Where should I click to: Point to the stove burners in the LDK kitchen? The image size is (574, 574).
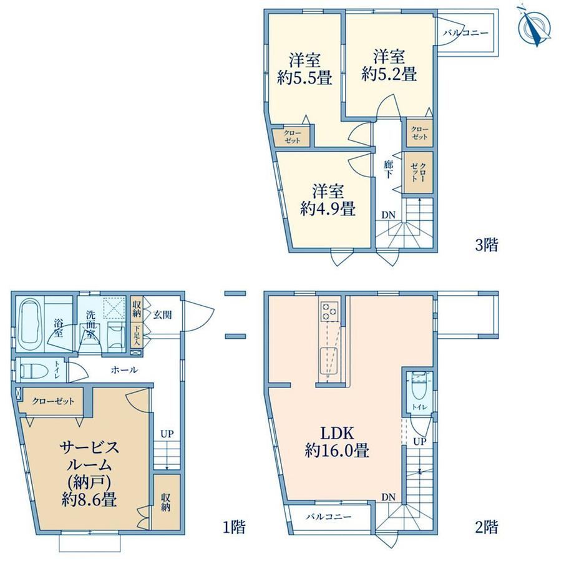329,311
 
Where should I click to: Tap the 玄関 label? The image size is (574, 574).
163,315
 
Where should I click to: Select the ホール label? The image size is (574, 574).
124,370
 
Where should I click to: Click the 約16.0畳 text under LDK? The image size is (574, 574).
337,450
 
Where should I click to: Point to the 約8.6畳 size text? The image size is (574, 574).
89,499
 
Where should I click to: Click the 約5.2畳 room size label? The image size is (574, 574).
389,74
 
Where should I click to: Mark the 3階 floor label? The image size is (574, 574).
487,245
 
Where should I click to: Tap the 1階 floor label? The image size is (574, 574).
235,527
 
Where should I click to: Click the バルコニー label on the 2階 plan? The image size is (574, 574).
329,517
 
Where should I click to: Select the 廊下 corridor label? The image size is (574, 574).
389,170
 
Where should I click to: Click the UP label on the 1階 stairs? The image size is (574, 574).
167,434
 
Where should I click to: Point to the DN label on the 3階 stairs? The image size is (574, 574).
389,215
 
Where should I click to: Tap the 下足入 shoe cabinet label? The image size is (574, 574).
137,336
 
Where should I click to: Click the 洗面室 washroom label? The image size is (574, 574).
90,324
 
